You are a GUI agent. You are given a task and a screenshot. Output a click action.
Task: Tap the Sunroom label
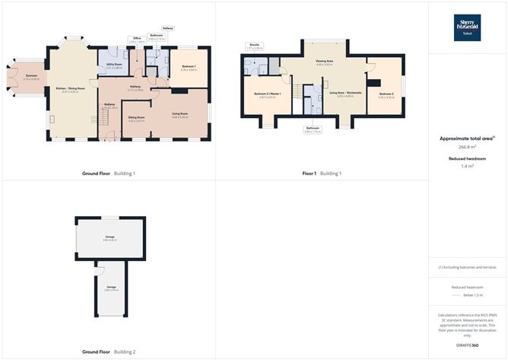point(30,75)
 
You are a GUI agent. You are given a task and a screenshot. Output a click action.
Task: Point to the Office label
point(138,37)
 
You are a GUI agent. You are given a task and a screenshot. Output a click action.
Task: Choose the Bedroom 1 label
point(189,67)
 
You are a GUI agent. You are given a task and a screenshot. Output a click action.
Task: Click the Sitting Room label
point(136,117)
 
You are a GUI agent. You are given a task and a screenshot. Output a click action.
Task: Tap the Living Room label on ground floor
point(179,113)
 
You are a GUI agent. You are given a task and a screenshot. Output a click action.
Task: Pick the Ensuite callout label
point(254,45)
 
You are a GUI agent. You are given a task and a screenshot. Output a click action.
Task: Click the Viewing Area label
point(325,62)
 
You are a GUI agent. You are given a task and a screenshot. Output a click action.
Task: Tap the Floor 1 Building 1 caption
point(322,174)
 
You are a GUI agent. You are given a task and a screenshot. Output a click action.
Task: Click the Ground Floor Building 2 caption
point(109,352)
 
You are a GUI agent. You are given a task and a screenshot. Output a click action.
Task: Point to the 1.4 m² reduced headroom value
point(467,165)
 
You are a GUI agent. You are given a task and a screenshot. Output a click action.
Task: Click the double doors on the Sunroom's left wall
point(11,79)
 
